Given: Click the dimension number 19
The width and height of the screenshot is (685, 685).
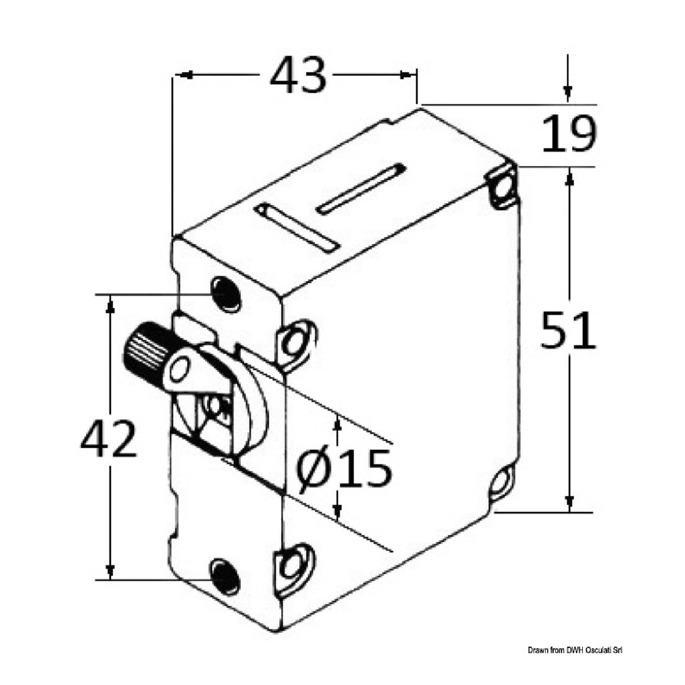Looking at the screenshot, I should click(x=568, y=135).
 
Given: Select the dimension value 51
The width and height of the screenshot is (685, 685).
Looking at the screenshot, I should click(x=568, y=330).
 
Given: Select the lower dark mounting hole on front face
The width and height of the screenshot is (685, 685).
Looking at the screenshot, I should click(x=224, y=577).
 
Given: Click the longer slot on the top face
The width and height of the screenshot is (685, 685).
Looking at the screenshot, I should click(x=362, y=189).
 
